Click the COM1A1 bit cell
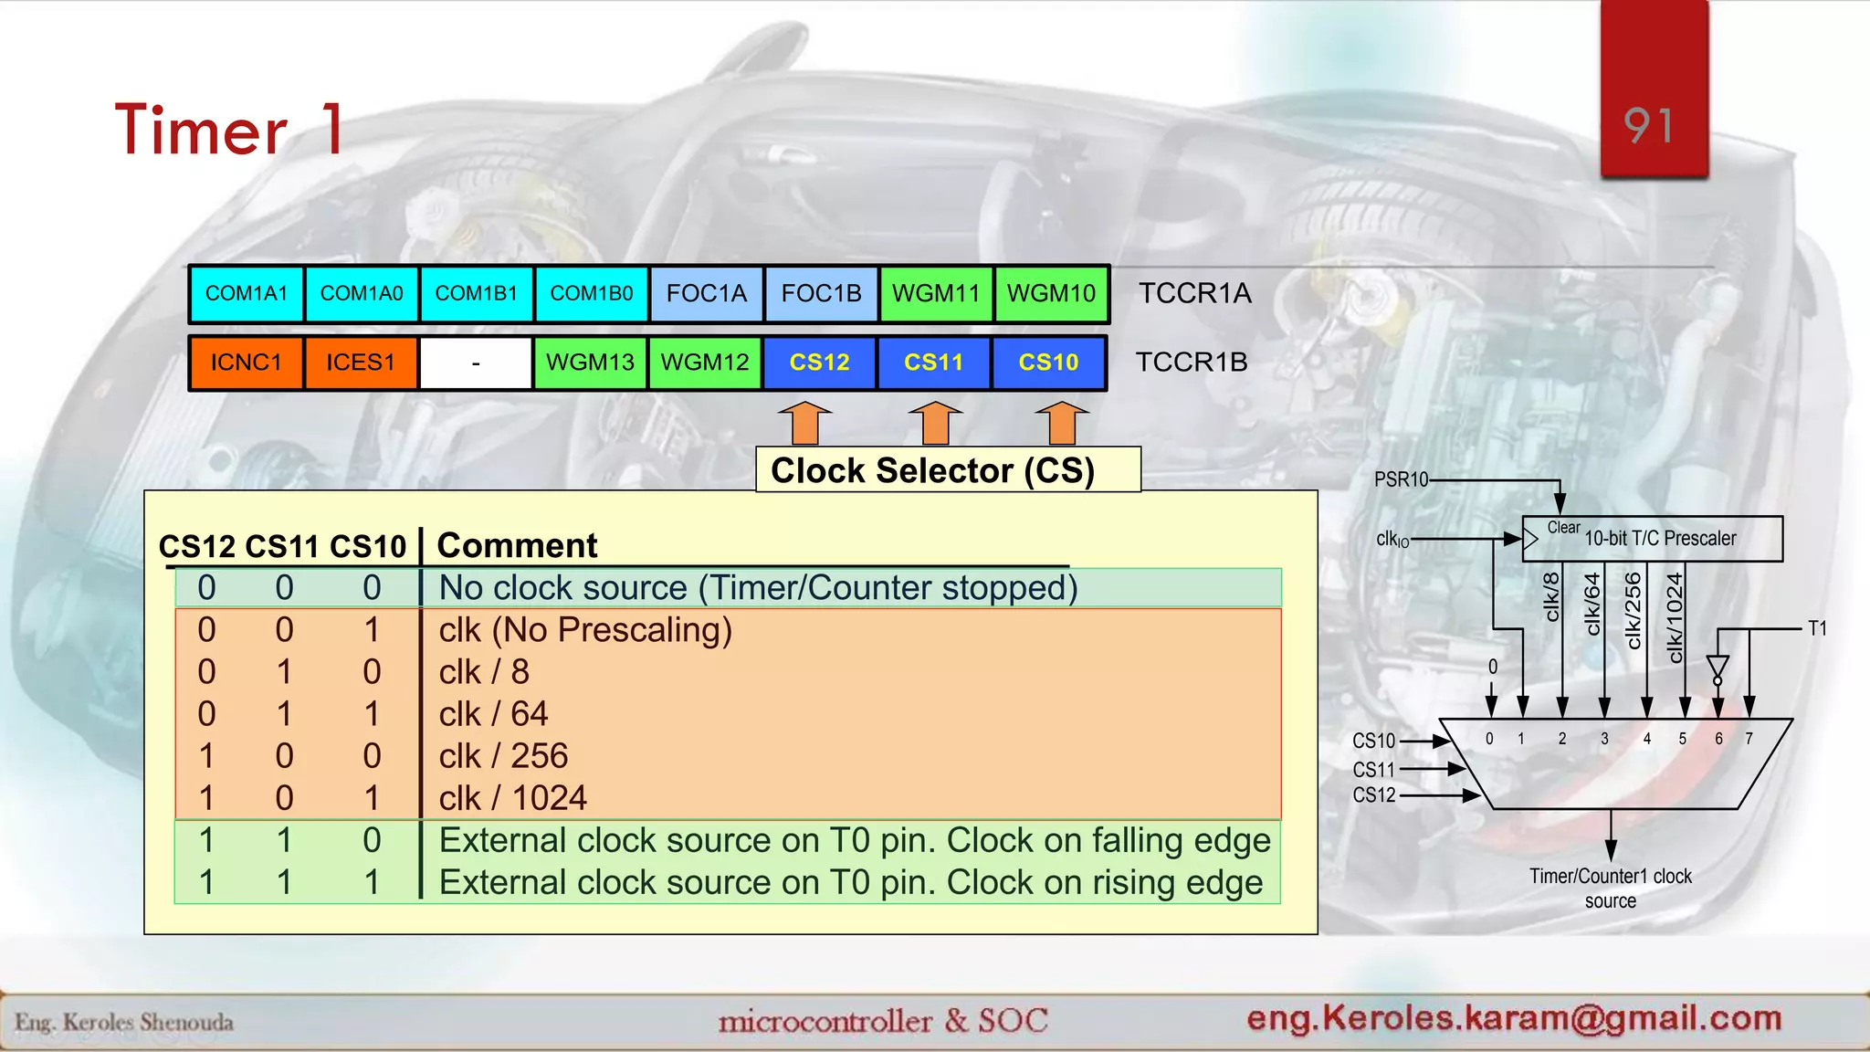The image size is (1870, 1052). pos(247,294)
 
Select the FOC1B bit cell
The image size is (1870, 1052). pos(821,294)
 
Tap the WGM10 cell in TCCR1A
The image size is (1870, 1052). pos(1051,294)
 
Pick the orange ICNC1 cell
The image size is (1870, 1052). pos(247,363)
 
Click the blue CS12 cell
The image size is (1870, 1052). pos(819,363)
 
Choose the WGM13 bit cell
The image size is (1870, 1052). pos(590,363)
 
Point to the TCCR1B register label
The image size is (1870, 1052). pos(1191,363)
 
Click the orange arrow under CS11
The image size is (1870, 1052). pos(935,424)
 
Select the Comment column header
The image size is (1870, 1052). pos(517,545)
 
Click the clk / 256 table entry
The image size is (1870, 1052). pos(503,756)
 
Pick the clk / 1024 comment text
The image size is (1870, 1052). pos(512,798)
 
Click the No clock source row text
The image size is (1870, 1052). pos(758,588)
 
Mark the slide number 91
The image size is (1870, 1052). pos(1649,126)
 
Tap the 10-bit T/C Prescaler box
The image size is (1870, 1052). pos(1653,539)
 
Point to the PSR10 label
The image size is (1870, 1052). pos(1401,479)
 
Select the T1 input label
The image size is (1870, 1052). pos(1817,628)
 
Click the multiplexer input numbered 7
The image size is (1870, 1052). pos(1749,739)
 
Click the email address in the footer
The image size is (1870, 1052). pos(1514,1018)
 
